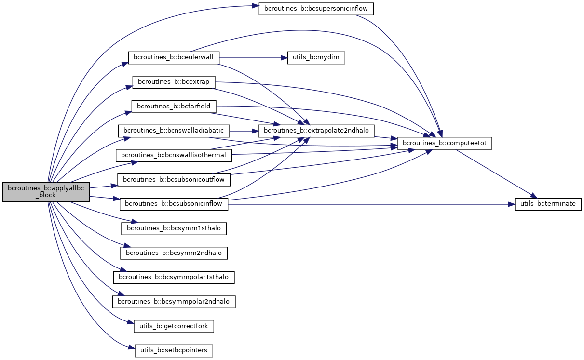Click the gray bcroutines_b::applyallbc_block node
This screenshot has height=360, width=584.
coord(46,192)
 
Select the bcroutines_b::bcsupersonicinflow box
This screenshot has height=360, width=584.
coord(316,9)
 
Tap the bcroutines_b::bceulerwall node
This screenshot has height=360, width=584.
coord(174,57)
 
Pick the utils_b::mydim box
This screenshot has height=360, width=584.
coord(316,57)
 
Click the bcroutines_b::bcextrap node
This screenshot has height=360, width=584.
coord(174,82)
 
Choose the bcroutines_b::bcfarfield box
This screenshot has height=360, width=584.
coord(174,106)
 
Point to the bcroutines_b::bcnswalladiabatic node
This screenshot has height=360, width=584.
coord(174,130)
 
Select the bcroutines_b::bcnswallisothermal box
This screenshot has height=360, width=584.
coord(174,155)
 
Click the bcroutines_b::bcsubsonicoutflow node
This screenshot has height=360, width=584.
coord(174,179)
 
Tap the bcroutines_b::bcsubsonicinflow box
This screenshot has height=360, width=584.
coord(174,203)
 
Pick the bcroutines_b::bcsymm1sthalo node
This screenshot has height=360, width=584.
coord(174,228)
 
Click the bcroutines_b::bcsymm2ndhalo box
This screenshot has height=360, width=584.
coord(174,252)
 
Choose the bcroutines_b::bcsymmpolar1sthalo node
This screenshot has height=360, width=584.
coord(174,277)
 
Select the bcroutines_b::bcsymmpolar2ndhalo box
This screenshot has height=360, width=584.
coord(174,302)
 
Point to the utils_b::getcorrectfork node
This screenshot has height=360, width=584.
coord(174,326)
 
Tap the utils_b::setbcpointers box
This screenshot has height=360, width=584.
coord(174,350)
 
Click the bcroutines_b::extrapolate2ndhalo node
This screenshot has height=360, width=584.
coord(316,130)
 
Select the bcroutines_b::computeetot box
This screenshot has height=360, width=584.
coord(444,143)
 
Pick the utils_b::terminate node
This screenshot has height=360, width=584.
coord(548,203)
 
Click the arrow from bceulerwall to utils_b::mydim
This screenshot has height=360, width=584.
coord(251,57)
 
